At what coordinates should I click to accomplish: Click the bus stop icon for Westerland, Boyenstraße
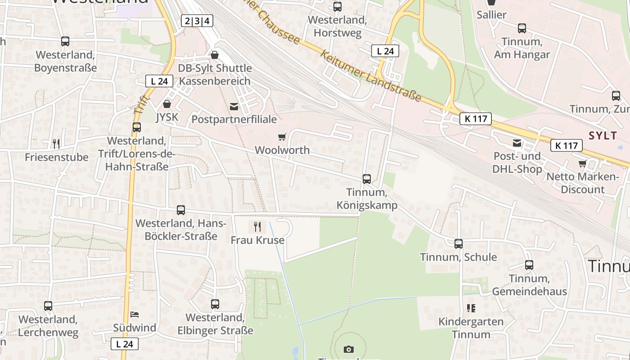[65, 41]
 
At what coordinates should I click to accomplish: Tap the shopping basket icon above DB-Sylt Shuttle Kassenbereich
[215, 55]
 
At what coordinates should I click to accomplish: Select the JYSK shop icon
[167, 104]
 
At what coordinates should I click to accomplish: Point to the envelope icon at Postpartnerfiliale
[234, 107]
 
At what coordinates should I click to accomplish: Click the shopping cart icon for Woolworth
[282, 137]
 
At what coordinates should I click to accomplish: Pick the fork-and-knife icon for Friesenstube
[56, 144]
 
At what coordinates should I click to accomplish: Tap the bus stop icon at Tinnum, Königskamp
[367, 179]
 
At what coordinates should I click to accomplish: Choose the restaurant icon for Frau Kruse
[257, 226]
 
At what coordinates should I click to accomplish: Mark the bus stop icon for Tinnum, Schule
[459, 244]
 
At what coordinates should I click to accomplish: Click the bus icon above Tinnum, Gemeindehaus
[529, 265]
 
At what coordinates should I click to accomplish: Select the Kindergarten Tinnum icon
[471, 308]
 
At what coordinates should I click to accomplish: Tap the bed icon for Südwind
[134, 314]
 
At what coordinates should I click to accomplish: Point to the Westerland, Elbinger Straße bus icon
[215, 304]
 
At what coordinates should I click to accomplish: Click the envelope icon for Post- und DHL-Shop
[517, 143]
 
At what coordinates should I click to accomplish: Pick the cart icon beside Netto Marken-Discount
[583, 163]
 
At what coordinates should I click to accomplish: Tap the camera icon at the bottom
[349, 349]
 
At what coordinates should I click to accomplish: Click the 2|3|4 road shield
[197, 21]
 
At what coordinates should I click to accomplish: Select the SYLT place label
[603, 136]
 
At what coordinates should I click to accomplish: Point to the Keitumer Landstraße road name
[371, 75]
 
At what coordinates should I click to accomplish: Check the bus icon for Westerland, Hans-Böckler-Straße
[181, 210]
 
